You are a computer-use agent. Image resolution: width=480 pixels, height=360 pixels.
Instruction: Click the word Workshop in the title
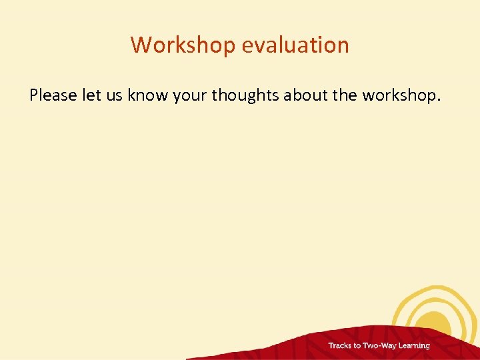pos(183,45)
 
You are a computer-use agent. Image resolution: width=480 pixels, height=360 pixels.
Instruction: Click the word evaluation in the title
pos(295,45)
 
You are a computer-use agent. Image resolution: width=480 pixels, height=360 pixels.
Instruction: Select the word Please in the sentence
pos(53,95)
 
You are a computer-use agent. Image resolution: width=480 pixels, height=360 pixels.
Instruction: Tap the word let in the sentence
pos(91,95)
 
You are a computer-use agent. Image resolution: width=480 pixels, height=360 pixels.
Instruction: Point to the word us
pos(114,95)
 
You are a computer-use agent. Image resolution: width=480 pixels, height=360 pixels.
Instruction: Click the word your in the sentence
pos(190,95)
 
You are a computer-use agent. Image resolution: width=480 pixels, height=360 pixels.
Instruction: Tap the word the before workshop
pos(345,95)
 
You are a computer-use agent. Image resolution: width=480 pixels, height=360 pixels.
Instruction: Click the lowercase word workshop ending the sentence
pos(397,95)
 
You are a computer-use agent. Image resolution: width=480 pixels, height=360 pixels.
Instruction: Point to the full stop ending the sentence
pos(438,99)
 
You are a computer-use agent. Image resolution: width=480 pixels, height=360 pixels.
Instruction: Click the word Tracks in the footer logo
pos(340,346)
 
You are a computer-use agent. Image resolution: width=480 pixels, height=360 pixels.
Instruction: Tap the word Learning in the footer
pos(415,346)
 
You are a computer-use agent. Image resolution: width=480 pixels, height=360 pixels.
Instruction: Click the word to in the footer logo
pos(357,346)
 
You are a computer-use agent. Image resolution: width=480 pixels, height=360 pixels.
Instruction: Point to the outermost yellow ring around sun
pos(400,307)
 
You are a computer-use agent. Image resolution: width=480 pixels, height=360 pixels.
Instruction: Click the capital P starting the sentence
pos(34,95)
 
